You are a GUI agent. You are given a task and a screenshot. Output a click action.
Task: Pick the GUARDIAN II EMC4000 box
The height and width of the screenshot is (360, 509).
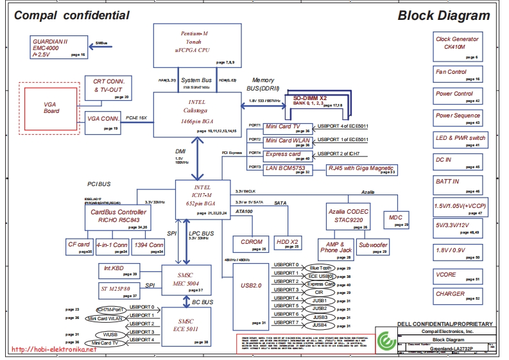coord(58,47)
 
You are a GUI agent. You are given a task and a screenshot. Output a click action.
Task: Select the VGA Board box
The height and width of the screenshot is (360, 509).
coord(51,107)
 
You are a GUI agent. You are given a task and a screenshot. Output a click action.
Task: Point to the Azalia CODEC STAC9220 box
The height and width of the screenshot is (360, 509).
coord(349,216)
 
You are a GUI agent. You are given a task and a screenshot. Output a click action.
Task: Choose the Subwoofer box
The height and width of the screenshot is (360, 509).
coord(373,246)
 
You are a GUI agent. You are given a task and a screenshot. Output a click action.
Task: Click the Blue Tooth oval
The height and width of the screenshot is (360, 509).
coord(320,268)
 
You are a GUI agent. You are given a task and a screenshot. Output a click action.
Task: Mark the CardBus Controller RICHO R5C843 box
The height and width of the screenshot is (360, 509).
coord(118,218)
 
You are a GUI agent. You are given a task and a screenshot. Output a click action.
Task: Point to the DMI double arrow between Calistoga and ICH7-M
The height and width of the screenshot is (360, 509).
coord(197,159)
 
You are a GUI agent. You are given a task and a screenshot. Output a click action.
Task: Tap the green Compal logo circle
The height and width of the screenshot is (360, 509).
coord(385,340)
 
